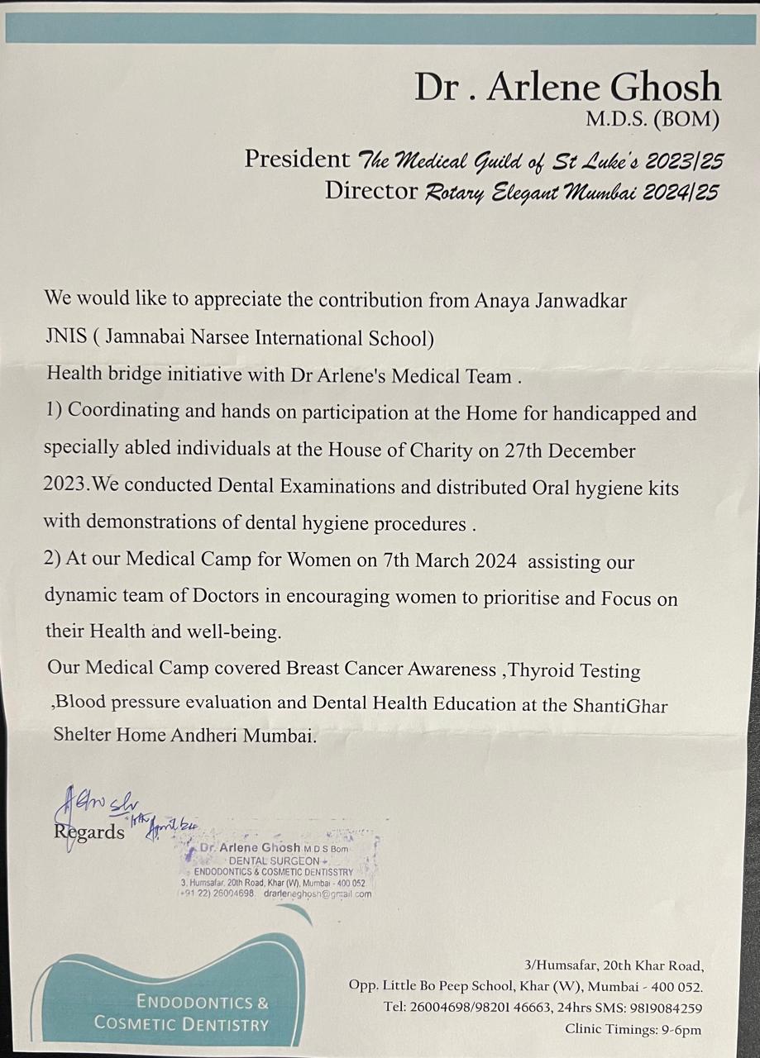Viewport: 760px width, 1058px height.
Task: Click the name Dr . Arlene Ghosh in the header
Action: pos(567,87)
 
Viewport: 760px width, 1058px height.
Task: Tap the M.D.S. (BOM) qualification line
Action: pos(652,120)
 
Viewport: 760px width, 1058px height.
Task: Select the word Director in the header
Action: pos(371,191)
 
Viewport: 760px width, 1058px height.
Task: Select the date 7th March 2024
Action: pos(450,562)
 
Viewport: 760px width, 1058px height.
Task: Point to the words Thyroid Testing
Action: pos(575,670)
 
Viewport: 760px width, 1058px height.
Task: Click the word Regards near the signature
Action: pos(89,832)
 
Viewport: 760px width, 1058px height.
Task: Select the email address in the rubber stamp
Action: pos(318,894)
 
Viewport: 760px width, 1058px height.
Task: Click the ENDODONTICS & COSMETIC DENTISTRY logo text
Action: pos(182,1013)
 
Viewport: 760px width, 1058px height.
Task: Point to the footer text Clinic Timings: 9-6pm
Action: pos(633,1029)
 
